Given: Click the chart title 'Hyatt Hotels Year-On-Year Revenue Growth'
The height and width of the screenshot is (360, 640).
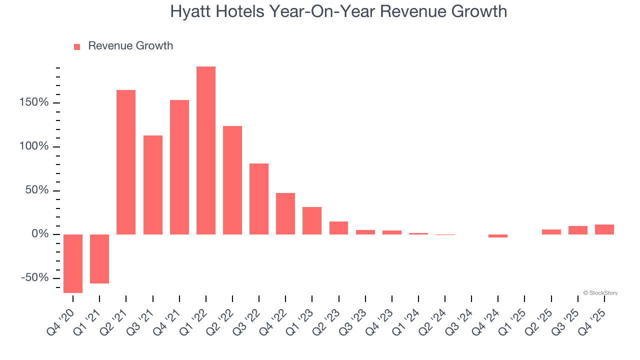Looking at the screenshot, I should click(x=338, y=11).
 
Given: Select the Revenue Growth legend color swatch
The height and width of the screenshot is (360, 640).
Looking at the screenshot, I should click(x=77, y=47).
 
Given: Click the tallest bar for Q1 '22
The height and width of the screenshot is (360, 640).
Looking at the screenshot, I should click(x=206, y=150).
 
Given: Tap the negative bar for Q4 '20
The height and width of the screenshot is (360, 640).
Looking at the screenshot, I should click(x=73, y=263).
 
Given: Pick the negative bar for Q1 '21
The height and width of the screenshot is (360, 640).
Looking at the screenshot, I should click(x=99, y=258).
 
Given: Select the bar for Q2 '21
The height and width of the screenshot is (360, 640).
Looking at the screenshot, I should click(x=126, y=162).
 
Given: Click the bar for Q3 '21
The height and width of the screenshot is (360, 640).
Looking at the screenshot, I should click(x=153, y=185).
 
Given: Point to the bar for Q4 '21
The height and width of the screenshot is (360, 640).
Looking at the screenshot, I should click(x=179, y=167).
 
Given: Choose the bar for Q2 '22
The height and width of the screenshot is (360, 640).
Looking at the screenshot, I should click(x=232, y=180).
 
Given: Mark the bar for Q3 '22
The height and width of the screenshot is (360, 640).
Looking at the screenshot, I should click(x=259, y=199).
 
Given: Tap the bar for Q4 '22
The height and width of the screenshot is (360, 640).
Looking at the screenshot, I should click(x=285, y=213).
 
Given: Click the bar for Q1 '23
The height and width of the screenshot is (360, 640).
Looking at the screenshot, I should click(x=312, y=220).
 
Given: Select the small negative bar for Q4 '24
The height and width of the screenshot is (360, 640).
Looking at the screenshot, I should click(x=498, y=236).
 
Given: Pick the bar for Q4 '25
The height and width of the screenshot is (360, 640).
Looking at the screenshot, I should click(x=604, y=229).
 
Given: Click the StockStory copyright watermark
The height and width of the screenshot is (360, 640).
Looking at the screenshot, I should click(x=600, y=293).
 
